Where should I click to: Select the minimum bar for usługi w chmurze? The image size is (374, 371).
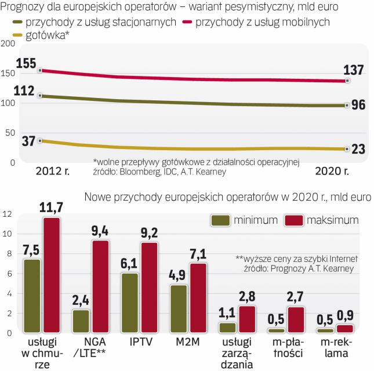(x=32, y=296)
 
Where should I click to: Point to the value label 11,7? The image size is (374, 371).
(x=51, y=206)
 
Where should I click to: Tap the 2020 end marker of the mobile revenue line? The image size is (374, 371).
(x=347, y=81)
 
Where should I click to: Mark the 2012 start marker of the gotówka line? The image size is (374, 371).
(x=39, y=140)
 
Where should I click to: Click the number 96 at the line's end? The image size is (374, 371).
(x=359, y=105)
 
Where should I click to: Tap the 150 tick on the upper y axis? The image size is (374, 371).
(x=8, y=74)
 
